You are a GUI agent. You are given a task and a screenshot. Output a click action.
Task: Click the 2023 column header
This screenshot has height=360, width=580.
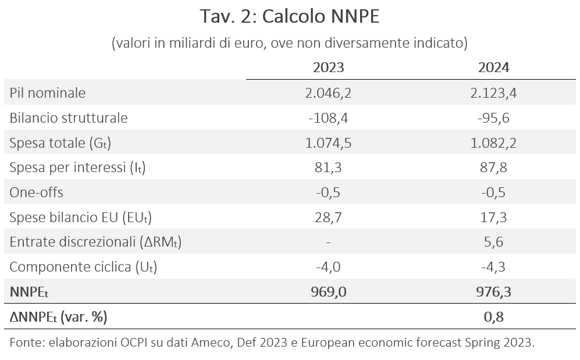329,67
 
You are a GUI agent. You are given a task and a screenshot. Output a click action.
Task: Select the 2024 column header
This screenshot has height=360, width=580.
493,67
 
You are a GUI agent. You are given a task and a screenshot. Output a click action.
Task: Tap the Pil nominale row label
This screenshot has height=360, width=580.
47,93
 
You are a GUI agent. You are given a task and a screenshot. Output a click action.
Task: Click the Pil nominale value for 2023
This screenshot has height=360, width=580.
328,93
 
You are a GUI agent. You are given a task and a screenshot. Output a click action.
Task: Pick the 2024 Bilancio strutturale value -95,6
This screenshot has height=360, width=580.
493,118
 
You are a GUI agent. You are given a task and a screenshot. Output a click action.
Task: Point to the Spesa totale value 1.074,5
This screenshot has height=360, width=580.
328,143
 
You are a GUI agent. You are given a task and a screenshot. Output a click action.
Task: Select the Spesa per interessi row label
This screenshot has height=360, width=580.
78,168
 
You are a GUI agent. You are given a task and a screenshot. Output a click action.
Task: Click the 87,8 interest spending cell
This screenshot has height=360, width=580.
493,168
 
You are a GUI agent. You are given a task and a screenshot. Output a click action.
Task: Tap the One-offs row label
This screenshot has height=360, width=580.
36,193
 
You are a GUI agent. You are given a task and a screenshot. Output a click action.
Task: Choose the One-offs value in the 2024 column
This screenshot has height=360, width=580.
493,193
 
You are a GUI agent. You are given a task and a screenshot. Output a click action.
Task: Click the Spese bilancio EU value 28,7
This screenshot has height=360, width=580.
328,218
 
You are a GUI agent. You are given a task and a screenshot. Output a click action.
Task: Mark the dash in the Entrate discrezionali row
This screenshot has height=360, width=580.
328,243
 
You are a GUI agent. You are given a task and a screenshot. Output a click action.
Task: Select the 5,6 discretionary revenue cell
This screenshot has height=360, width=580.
493,242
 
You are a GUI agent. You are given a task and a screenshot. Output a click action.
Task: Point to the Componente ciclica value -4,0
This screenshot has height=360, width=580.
328,267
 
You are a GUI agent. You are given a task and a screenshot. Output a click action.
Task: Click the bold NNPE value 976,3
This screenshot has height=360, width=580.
493,292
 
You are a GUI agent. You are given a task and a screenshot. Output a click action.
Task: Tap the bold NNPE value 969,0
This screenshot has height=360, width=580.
329,292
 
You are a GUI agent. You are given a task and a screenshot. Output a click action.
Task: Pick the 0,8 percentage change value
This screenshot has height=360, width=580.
493,317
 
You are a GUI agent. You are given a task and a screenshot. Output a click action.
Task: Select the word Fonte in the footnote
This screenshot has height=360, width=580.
27,342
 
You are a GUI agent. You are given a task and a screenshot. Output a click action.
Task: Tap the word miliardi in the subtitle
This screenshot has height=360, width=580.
192,43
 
